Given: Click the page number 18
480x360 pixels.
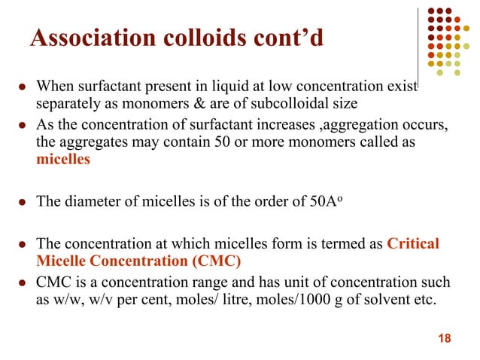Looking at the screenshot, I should [444, 337].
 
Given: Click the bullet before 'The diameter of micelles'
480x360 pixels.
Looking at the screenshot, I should [22, 203].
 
